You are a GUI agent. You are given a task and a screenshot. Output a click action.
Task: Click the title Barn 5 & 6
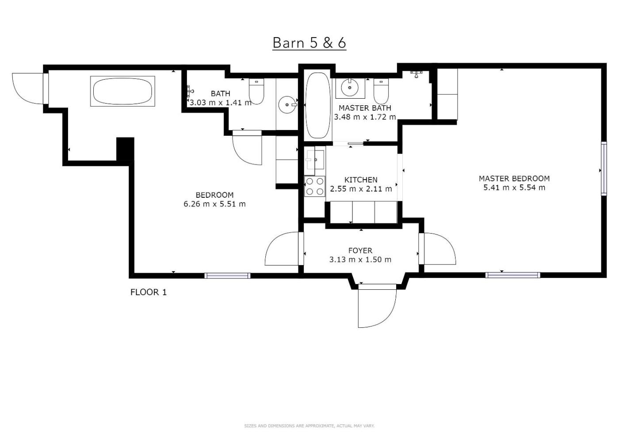coord(309,43)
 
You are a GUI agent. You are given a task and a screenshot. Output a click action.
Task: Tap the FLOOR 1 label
coord(149,292)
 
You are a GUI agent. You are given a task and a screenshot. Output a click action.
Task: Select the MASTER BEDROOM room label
coord(514,178)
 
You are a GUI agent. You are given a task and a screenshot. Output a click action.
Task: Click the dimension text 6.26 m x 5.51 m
coord(215,204)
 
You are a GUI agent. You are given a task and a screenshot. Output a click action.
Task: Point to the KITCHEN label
coord(361,180)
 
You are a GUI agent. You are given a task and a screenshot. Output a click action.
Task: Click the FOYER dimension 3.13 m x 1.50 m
coord(360,260)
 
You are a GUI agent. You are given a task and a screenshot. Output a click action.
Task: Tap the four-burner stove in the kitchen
coord(315,186)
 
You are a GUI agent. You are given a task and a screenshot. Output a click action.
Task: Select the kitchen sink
coord(315,160)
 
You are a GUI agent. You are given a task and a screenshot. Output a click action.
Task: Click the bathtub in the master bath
coord(318,105)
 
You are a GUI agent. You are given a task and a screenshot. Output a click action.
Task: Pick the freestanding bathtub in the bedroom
coord(123,91)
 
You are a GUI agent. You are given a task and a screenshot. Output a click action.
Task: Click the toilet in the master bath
coord(381,91)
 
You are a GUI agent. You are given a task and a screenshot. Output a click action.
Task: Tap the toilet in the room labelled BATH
coord(256,91)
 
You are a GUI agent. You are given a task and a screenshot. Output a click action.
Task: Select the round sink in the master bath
coord(350,88)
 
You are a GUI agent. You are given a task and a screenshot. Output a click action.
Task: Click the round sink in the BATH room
coord(287,105)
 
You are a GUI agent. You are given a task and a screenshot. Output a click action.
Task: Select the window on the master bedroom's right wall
coord(604,169)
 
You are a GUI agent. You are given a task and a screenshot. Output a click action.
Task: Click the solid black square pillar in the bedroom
coord(125,149)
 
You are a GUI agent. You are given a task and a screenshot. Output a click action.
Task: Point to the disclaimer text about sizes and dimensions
coord(309,426)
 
